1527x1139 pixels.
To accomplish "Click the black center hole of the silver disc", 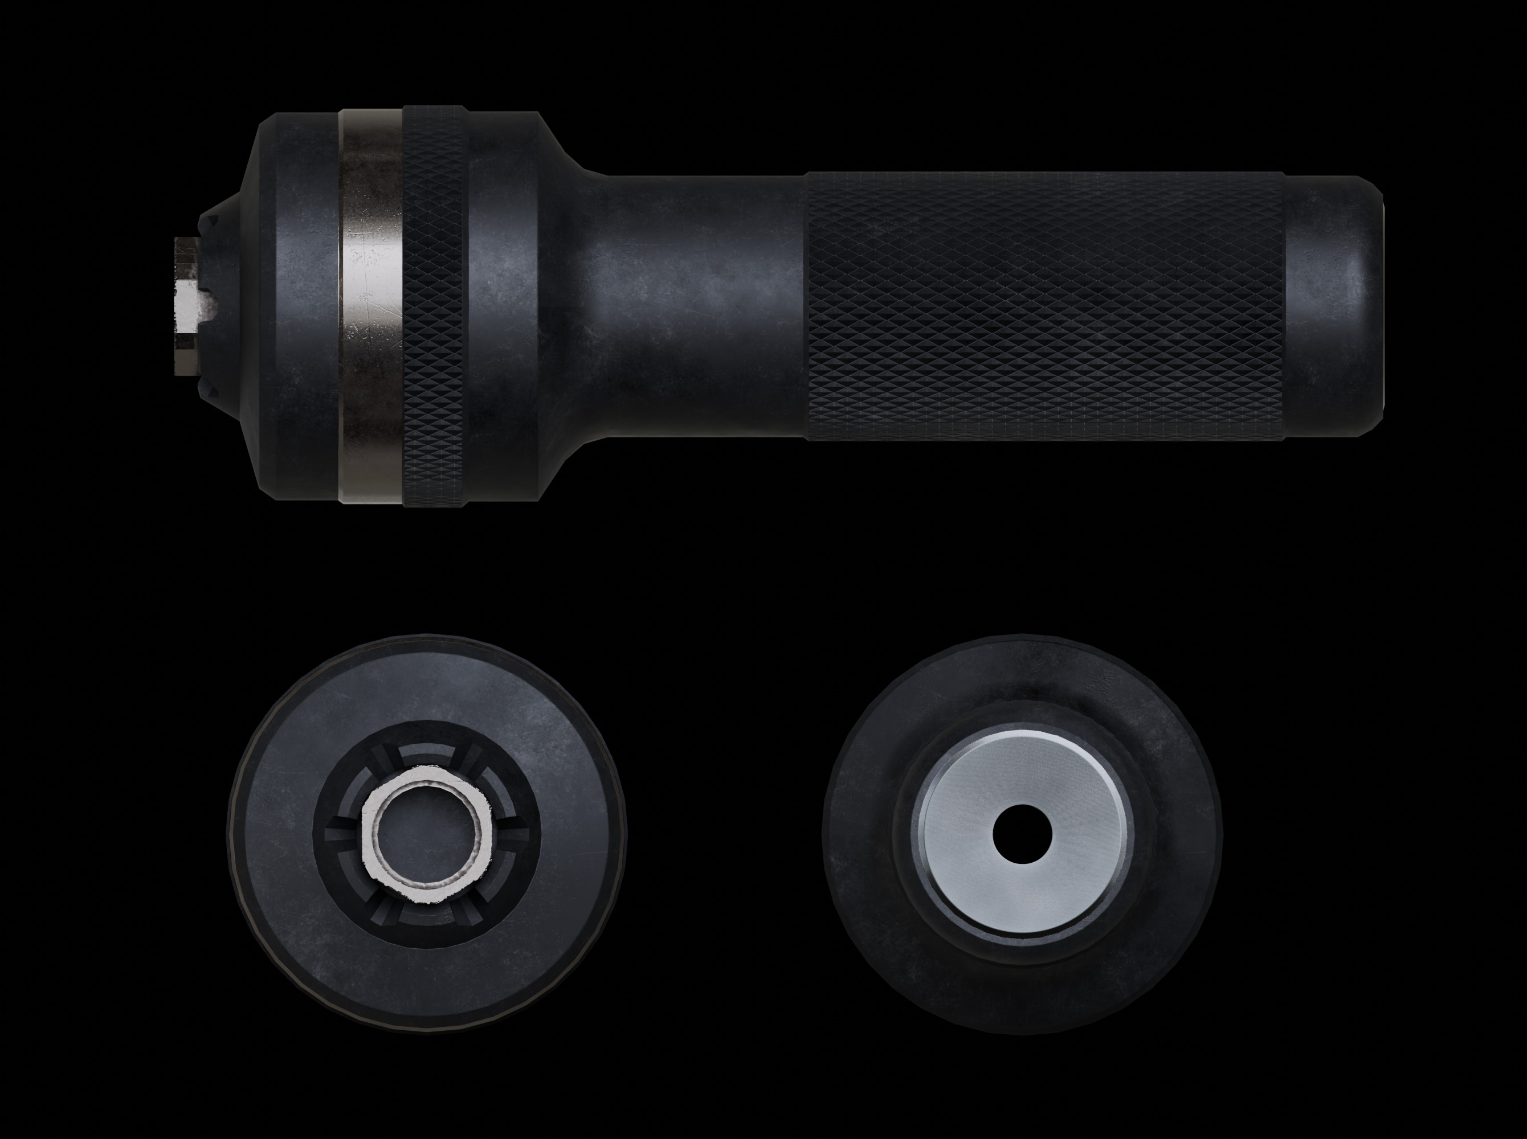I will point(1022,834).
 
